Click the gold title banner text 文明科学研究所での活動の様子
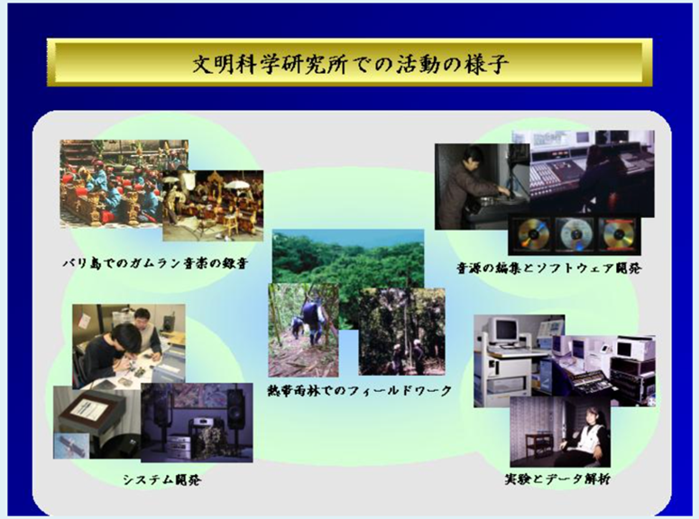(350, 64)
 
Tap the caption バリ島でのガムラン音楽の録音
(155, 263)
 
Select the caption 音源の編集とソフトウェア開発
(548, 268)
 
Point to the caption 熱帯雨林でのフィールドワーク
(359, 391)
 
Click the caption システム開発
(162, 479)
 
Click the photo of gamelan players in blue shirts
(112, 184)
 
